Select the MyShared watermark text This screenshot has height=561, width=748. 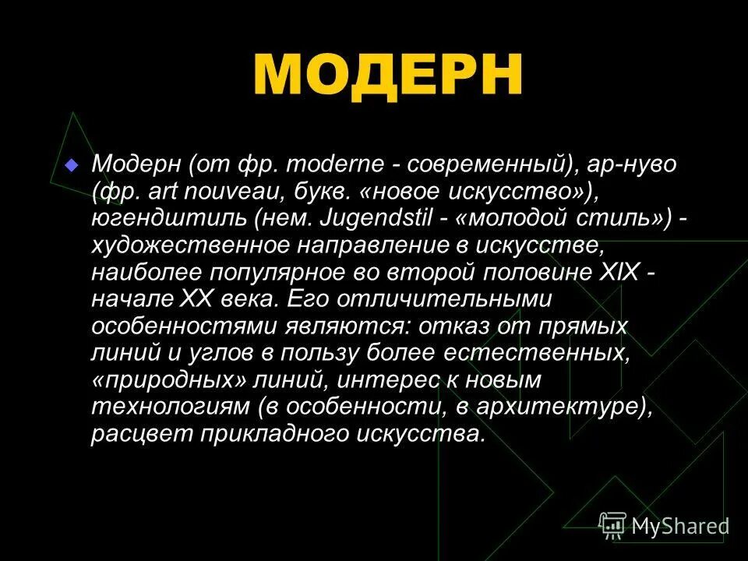coord(680,527)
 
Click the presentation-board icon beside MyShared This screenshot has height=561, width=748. coord(613,526)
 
